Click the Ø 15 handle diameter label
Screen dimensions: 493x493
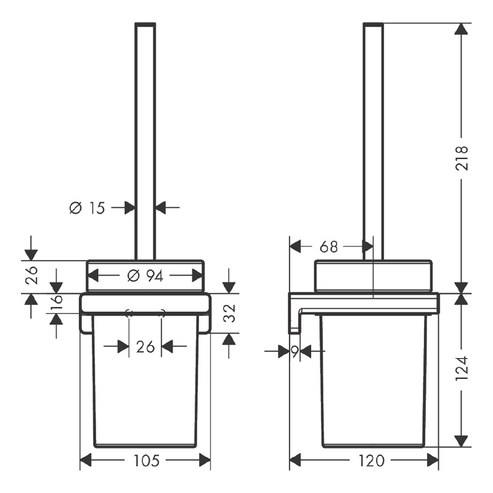pyautogui.click(x=87, y=208)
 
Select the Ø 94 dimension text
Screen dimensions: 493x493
pyautogui.click(x=145, y=276)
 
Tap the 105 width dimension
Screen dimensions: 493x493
pyautogui.click(x=147, y=461)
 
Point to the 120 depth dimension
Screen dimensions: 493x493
pyautogui.click(x=372, y=461)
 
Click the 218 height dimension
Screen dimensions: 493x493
pyautogui.click(x=462, y=158)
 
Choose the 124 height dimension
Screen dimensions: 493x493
pyautogui.click(x=462, y=369)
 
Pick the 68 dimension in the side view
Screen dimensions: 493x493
pyautogui.click(x=329, y=247)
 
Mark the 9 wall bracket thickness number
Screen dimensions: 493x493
pyautogui.click(x=295, y=352)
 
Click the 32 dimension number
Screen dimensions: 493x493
pyautogui.click(x=229, y=313)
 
